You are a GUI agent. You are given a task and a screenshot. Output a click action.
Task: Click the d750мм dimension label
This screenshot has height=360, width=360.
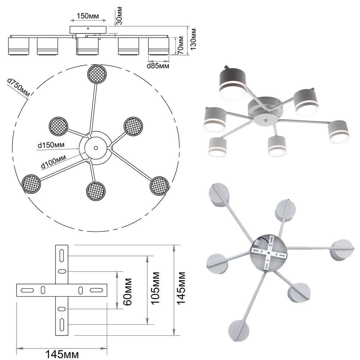pos(18,88)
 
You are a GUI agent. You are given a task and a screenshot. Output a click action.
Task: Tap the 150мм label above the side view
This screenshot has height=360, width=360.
pos(88,17)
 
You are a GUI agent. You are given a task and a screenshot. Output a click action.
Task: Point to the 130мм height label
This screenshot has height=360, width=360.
pos(194,39)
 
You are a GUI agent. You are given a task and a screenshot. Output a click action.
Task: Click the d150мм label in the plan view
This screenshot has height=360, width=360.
pos(51,145)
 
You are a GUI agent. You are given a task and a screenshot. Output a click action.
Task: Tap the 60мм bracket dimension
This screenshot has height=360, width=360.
pos(127,291)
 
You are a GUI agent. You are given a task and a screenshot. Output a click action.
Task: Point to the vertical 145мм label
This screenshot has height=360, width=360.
pos(182,288)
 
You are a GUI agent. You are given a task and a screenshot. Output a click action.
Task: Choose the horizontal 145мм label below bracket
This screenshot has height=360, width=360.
pos(62,354)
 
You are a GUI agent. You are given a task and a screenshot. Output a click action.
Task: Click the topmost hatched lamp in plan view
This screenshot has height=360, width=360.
pos(97,74)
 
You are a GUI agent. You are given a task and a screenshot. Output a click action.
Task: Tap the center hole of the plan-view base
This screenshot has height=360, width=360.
pos(96,148)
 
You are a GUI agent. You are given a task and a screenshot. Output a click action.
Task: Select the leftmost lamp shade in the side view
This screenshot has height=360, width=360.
pos(18,46)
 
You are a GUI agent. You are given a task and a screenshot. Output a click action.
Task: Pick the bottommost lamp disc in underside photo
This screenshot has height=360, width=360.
pos(239,330)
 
